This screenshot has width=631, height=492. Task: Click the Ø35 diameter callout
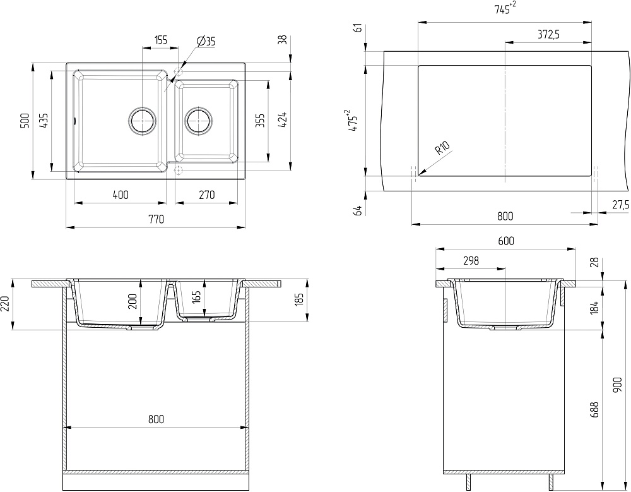point(206,41)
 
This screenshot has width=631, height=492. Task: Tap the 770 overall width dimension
point(156,219)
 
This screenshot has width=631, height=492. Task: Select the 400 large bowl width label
point(121,195)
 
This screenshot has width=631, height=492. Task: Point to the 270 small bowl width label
point(206,195)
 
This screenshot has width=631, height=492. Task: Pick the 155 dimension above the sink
point(160,40)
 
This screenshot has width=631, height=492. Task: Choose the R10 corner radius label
point(442,149)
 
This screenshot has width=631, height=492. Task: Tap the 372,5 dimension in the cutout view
point(548,35)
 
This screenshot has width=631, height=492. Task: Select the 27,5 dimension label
point(621,205)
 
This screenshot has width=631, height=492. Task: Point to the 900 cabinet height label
point(618,385)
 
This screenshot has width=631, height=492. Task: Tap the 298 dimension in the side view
point(471,260)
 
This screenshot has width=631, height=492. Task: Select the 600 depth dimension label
point(505,241)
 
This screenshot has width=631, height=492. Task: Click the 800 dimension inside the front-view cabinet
point(156,419)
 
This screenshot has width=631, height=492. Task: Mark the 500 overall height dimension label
point(24,121)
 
